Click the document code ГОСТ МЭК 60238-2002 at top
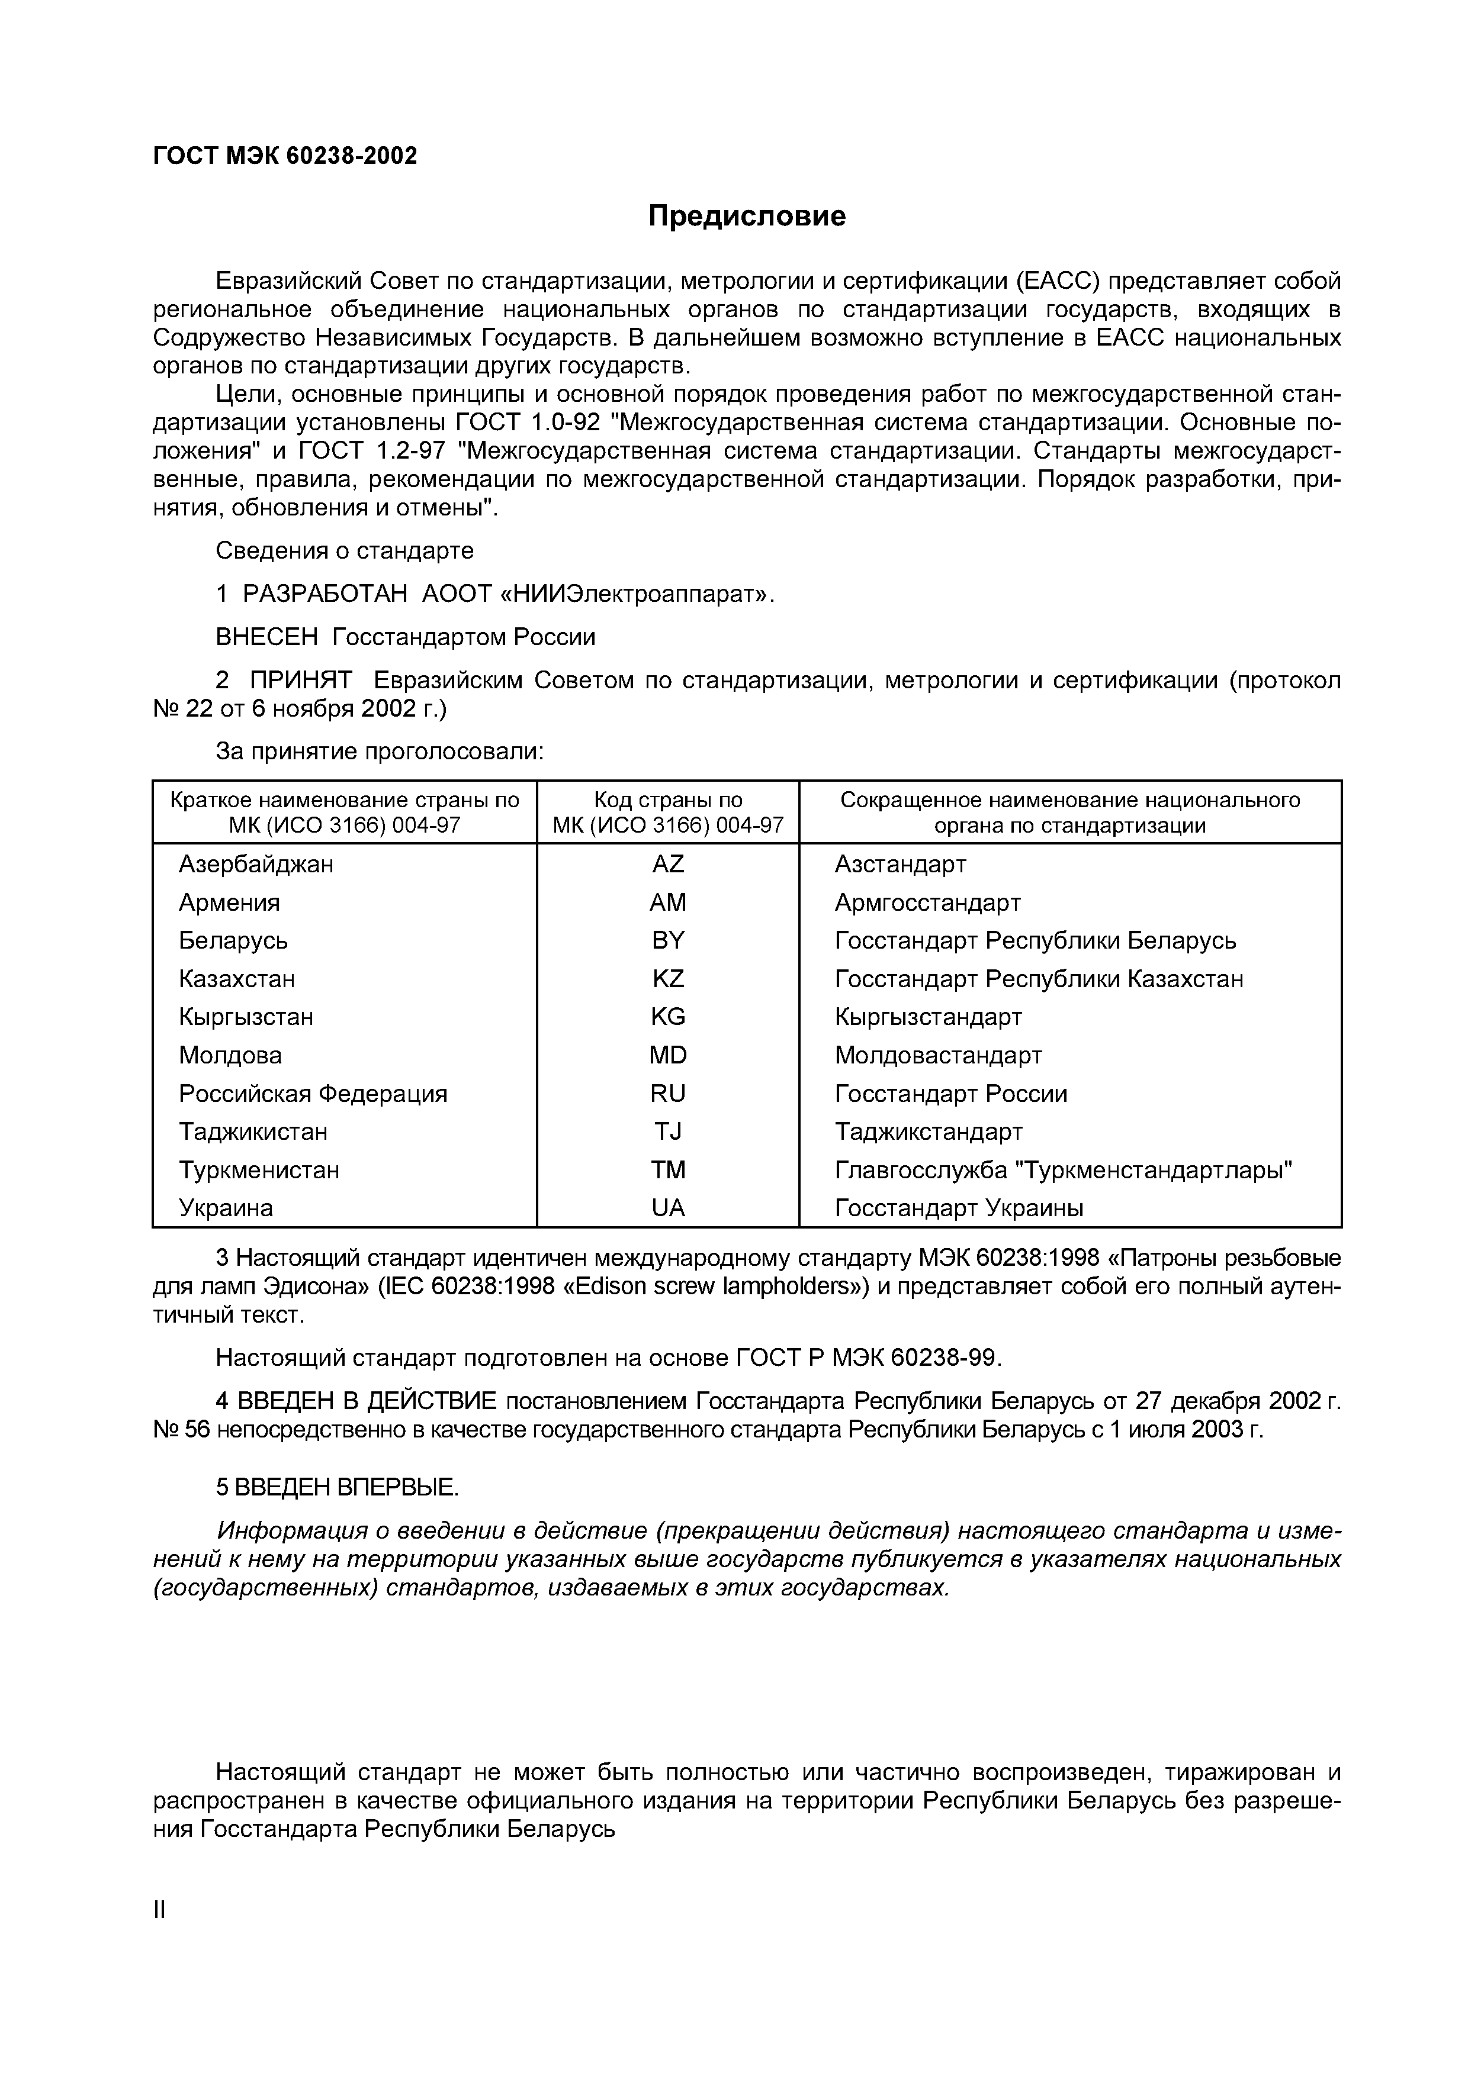click(x=285, y=156)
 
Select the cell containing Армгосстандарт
click(x=927, y=902)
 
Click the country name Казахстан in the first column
click(x=237, y=979)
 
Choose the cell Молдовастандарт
click(x=938, y=1055)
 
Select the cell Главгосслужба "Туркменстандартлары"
click(x=1063, y=1170)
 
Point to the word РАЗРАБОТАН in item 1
click(x=326, y=594)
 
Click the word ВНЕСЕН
click(x=267, y=637)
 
